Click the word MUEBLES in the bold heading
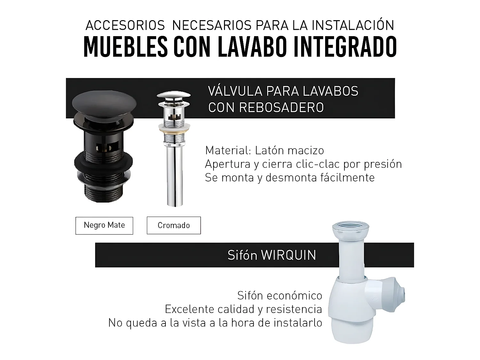(125, 47)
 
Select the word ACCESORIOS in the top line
(125, 26)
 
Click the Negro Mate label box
(104, 225)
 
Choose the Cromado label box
(174, 225)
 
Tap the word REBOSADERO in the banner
(282, 108)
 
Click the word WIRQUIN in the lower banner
(289, 255)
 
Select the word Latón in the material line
(269, 150)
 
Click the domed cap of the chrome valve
(173, 95)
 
